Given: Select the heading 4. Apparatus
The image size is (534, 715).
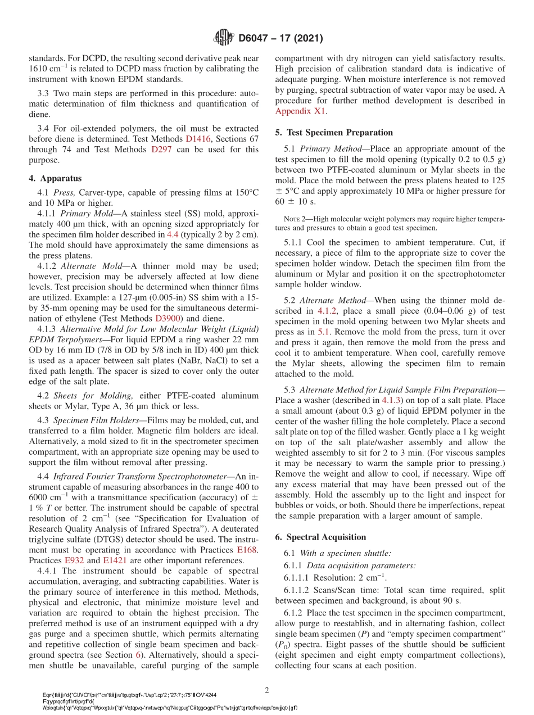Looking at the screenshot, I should click(x=55, y=178).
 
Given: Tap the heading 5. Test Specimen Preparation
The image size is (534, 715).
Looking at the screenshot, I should click(x=334, y=133).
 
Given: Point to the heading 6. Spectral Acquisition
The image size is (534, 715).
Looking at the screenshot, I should click(x=320, y=537).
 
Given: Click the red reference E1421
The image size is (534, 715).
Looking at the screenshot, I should click(x=114, y=560).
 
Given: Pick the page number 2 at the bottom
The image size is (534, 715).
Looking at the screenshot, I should click(x=267, y=690).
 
